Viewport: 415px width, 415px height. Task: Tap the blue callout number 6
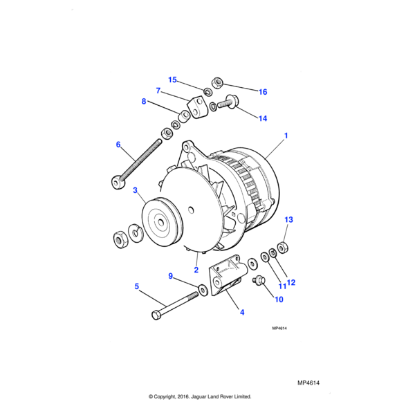click(x=118, y=145)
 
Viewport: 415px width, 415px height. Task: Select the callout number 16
click(x=262, y=92)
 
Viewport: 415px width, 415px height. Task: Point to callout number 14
click(x=263, y=118)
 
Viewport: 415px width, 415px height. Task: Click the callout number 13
click(x=289, y=219)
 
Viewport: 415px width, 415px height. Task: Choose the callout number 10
click(x=279, y=299)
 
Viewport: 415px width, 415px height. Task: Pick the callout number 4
click(x=242, y=312)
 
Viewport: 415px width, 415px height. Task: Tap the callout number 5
click(x=136, y=286)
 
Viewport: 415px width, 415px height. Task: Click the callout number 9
click(x=171, y=276)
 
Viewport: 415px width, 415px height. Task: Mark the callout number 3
click(x=135, y=190)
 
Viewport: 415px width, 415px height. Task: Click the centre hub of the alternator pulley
click(x=160, y=223)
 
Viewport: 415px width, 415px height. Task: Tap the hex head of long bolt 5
click(x=155, y=316)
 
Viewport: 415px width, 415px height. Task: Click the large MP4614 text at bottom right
click(x=312, y=382)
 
